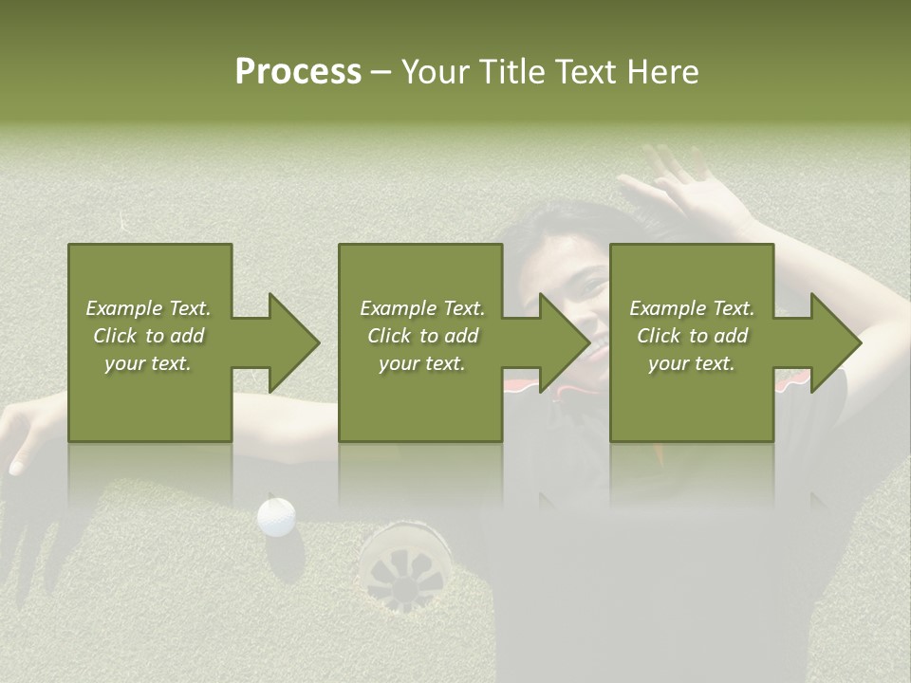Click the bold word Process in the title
tap(298, 72)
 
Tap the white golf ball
tap(276, 516)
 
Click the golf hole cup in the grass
tap(405, 563)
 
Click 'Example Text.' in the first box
tap(148, 308)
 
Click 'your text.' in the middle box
tap(421, 363)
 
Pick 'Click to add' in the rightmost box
tap(692, 336)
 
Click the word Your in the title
tap(436, 72)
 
